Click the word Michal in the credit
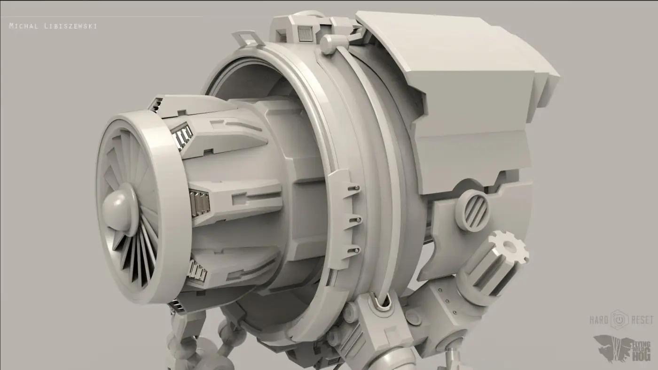tap(24, 26)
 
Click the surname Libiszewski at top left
tap(70, 26)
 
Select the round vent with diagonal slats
tap(472, 210)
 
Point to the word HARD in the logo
tap(599, 320)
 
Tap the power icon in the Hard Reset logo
tap(619, 319)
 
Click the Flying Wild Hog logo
tap(623, 349)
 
